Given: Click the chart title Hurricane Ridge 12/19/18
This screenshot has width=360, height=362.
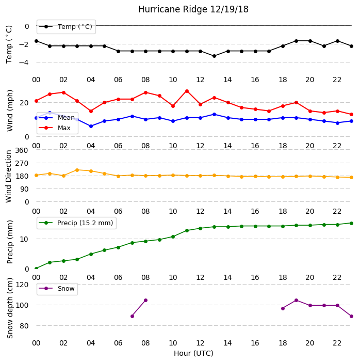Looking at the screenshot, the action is (x=193, y=9).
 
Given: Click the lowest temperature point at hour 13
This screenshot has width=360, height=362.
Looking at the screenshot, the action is (x=214, y=56).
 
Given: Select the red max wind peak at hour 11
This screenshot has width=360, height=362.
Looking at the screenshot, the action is (x=187, y=91).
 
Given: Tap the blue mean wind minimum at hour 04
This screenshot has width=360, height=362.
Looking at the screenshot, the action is (x=91, y=127).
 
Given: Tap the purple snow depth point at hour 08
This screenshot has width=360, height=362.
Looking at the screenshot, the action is (x=145, y=301).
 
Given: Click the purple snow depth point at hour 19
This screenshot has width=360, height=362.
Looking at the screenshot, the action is (x=297, y=301).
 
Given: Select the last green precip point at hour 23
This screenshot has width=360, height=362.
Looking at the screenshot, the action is (x=351, y=223).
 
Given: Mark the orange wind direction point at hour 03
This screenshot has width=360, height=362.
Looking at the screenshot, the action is (x=77, y=170).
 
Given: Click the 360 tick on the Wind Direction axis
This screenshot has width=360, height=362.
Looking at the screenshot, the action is (x=22, y=150).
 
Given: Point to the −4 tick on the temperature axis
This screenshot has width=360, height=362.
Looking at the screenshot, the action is (x=24, y=62).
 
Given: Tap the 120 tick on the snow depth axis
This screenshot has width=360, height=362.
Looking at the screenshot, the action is (x=22, y=285).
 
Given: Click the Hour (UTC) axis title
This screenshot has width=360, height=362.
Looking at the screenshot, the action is (x=193, y=353).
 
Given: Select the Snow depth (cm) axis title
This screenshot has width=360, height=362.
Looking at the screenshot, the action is (x=10, y=308).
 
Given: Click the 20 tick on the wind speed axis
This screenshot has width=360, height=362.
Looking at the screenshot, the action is (x=24, y=103).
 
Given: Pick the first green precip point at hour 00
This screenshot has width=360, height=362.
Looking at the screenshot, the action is (x=36, y=269).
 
